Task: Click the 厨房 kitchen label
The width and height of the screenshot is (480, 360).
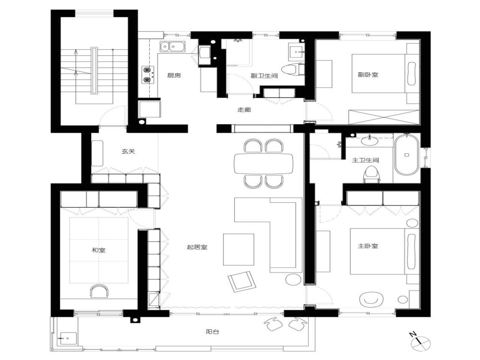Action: pyautogui.click(x=174, y=75)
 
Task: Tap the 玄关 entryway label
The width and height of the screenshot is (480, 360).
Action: pyautogui.click(x=128, y=151)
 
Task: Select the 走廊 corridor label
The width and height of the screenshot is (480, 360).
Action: pyautogui.click(x=244, y=110)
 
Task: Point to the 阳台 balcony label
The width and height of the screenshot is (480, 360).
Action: pyautogui.click(x=212, y=331)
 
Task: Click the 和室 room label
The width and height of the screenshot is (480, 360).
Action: pyautogui.click(x=99, y=250)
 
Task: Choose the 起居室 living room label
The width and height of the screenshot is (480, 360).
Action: pyautogui.click(x=197, y=247)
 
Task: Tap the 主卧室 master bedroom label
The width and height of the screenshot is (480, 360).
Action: pyautogui.click(x=368, y=246)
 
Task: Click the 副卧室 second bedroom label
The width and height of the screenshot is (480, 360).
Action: pyautogui.click(x=368, y=75)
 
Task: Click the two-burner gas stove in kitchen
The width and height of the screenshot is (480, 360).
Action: pyautogui.click(x=148, y=74)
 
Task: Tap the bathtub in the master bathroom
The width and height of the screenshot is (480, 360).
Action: pyautogui.click(x=406, y=154)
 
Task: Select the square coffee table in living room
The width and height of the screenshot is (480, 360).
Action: pyautogui.click(x=238, y=249)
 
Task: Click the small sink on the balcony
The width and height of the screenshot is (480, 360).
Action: pyautogui.click(x=67, y=338)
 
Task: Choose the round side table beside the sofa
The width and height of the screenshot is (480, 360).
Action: pyautogui.click(x=293, y=279)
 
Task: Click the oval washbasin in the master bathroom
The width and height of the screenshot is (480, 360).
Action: pyautogui.click(x=370, y=141)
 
